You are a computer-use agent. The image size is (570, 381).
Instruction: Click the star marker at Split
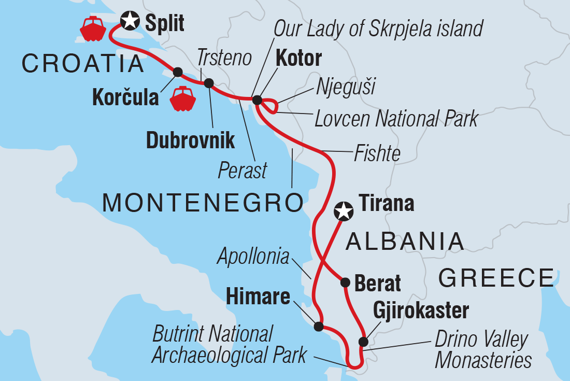(x=130, y=21)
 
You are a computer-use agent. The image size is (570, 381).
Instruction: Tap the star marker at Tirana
(x=343, y=211)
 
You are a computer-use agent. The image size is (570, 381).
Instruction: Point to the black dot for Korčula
(x=177, y=72)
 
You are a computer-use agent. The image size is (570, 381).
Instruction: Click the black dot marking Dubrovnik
(x=209, y=83)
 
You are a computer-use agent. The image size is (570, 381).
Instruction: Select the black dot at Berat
(x=345, y=283)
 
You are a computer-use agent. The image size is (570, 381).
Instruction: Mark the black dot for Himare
(x=319, y=327)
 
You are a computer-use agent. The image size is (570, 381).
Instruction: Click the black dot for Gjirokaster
(x=363, y=342)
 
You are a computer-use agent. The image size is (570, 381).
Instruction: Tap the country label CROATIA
(x=83, y=64)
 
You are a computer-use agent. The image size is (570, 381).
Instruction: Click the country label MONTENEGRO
(x=203, y=203)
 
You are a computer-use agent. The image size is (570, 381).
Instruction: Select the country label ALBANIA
(x=404, y=241)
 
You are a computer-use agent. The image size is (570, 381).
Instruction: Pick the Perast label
(x=243, y=171)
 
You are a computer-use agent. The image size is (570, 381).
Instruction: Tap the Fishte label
(x=377, y=153)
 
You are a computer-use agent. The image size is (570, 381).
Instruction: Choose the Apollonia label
(x=253, y=256)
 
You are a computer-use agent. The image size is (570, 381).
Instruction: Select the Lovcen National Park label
(x=396, y=119)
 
